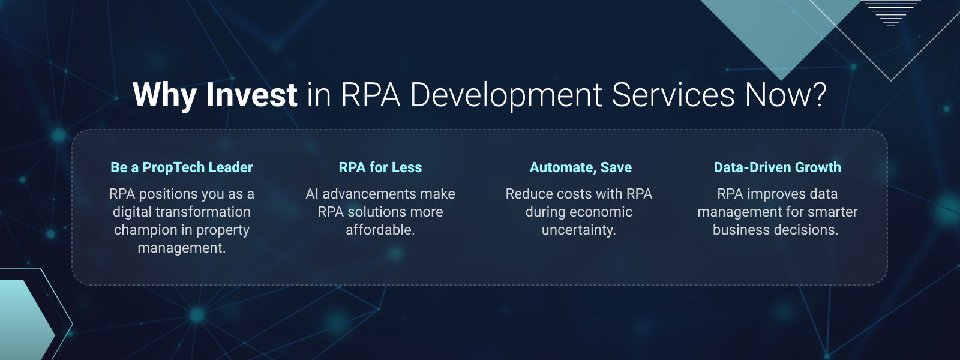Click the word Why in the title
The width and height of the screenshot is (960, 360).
pyautogui.click(x=164, y=95)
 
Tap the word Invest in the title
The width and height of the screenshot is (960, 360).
pyautogui.click(x=252, y=95)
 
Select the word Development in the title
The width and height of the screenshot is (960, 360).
pyautogui.click(x=506, y=95)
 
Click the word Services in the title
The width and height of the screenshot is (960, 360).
pyautogui.click(x=673, y=95)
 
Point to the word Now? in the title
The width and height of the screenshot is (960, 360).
pyautogui.click(x=786, y=95)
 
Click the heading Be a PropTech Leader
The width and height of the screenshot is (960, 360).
pyautogui.click(x=182, y=167)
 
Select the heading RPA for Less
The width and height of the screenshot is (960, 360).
pyautogui.click(x=380, y=167)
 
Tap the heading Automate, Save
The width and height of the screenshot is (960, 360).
pyautogui.click(x=580, y=167)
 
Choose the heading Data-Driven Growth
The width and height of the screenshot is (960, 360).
pyautogui.click(x=777, y=167)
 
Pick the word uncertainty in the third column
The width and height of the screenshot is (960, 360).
pyautogui.click(x=578, y=230)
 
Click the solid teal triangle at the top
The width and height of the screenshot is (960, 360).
pyautogui.click(x=780, y=30)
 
